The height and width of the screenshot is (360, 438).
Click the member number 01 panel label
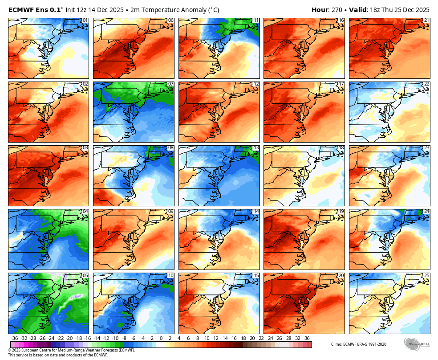click(85, 20)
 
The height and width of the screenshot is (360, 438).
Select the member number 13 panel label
click(255, 148)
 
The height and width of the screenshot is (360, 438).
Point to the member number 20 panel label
click(341, 275)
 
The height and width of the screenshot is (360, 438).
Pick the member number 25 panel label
click(426, 275)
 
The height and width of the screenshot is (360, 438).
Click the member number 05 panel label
click(85, 275)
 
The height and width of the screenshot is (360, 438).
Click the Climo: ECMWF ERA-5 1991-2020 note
click(359, 344)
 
